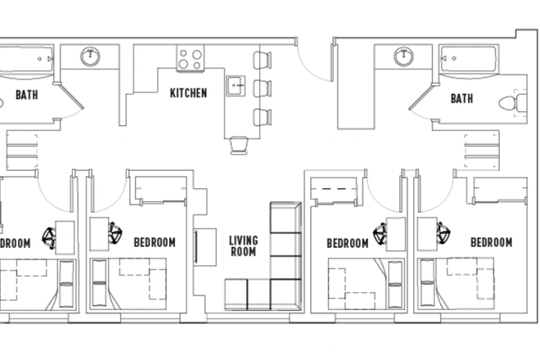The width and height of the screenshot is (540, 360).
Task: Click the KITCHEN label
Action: pyautogui.click(x=188, y=93)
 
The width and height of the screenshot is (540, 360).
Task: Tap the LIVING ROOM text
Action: pyautogui.click(x=243, y=246)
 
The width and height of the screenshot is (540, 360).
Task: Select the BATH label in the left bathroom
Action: pyautogui.click(x=26, y=95)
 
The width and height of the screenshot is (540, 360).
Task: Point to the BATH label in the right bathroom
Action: pyautogui.click(x=461, y=99)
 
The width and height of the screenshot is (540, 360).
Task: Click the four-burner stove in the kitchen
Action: pyautogui.click(x=191, y=58)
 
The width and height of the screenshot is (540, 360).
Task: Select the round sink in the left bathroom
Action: pyautogui.click(x=90, y=57)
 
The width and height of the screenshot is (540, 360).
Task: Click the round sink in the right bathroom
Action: pyautogui.click(x=403, y=56)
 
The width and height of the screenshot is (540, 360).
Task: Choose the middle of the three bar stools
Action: pyautogui.click(x=261, y=87)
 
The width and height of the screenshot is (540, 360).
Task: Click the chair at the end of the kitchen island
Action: pyautogui.click(x=239, y=145)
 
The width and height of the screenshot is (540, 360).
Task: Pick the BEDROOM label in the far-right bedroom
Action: pyautogui.click(x=491, y=243)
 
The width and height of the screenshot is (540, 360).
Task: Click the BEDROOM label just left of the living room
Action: pyautogui.click(x=155, y=243)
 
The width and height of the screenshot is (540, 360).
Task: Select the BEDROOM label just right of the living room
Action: pyautogui.click(x=348, y=243)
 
